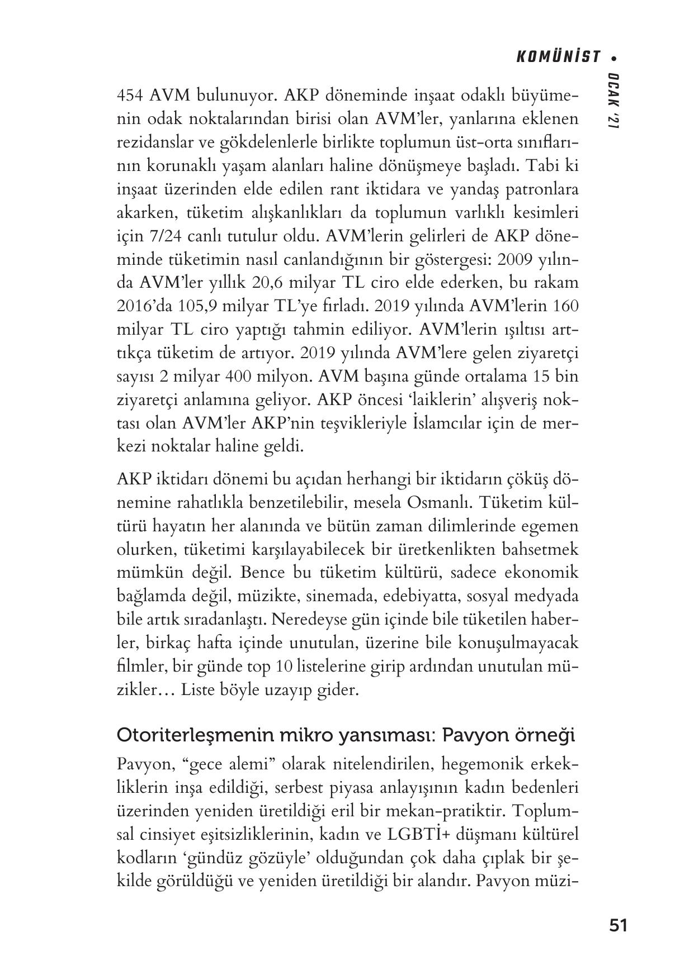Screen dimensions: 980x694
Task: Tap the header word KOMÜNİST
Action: pyautogui.click(x=558, y=57)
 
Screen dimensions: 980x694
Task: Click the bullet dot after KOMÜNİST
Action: pyautogui.click(x=614, y=58)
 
